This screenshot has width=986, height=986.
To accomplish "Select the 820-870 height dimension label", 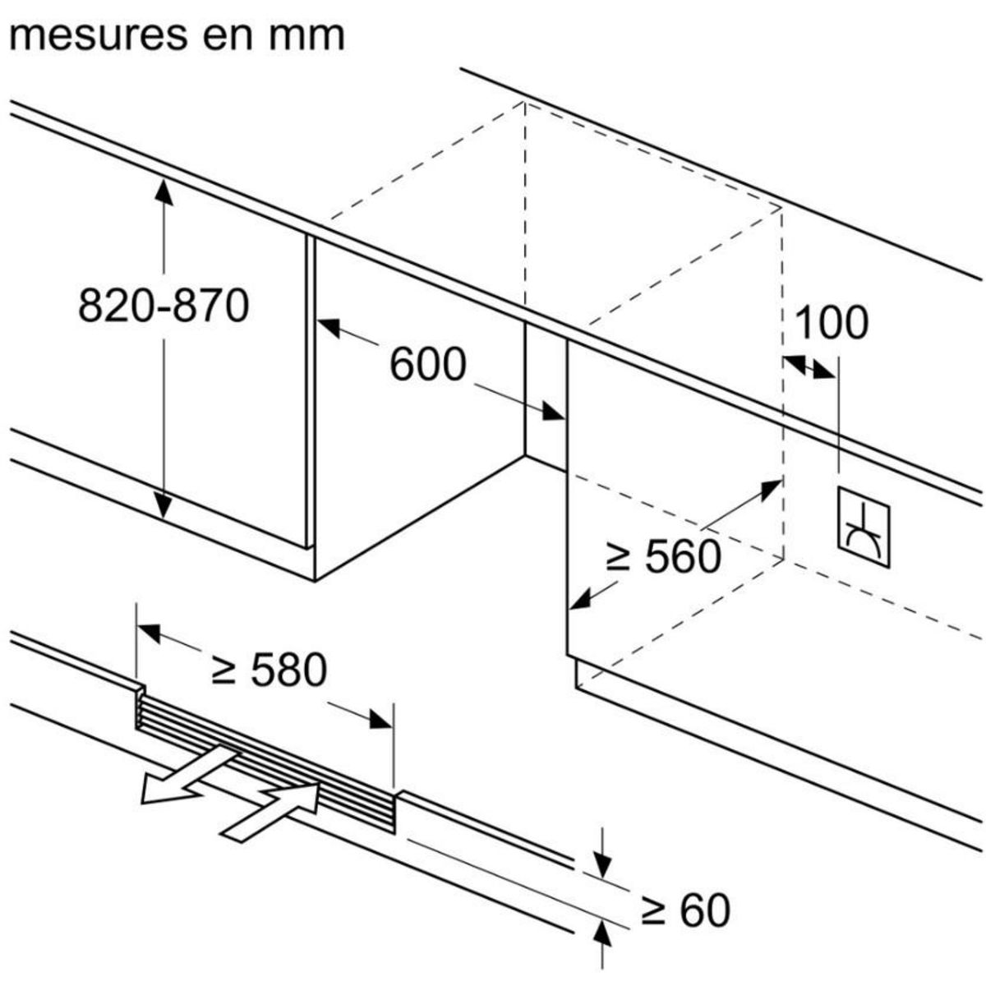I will point(164,306).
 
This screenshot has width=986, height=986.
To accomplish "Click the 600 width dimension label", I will point(427,364).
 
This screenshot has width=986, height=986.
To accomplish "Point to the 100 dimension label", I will point(832,322).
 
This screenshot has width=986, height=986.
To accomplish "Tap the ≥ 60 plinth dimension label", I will point(686,910).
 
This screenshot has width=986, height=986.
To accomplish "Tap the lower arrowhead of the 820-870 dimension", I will point(164,505).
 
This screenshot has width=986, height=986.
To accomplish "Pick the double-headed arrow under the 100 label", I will point(809,366).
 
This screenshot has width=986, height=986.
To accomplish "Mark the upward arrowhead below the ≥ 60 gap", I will point(602,931).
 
